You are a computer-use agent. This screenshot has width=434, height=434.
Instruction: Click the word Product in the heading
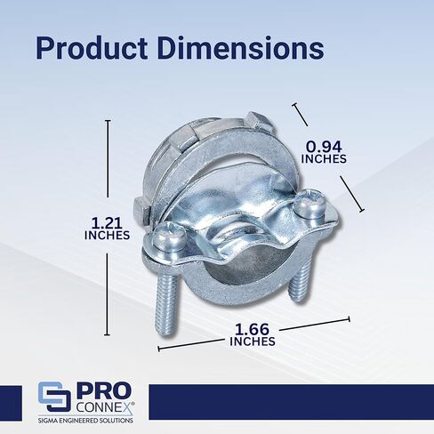(92, 48)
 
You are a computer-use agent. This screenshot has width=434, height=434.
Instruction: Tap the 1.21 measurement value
(107, 222)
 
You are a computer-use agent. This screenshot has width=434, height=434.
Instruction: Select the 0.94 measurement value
(324, 147)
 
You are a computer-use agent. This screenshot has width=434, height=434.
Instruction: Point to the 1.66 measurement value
(252, 329)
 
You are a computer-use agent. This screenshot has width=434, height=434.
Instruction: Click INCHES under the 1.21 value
(107, 235)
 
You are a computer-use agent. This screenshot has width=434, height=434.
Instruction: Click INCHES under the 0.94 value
(324, 159)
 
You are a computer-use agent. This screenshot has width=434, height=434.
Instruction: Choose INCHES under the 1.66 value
(253, 342)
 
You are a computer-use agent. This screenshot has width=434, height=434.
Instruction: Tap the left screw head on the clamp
(169, 235)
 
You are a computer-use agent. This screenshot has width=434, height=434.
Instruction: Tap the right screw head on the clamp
(309, 203)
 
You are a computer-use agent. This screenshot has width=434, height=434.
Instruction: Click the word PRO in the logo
(104, 391)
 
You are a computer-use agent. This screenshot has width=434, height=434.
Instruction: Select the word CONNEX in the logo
(104, 407)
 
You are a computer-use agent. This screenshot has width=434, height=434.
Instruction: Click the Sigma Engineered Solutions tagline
(85, 421)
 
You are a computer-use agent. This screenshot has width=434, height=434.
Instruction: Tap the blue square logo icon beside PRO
(54, 397)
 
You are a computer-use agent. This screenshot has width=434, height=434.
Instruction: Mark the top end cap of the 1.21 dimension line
(108, 120)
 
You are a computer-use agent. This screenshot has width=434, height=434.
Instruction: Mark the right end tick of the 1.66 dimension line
(350, 319)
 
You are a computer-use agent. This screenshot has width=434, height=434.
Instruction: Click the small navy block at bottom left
(11, 403)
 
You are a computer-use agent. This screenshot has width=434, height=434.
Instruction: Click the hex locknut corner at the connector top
(261, 122)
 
